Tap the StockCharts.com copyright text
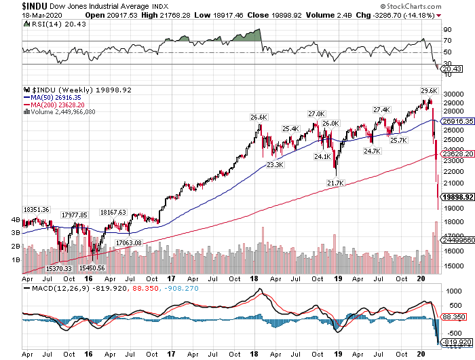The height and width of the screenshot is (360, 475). coord(439,5)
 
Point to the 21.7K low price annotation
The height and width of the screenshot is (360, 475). coord(335,183)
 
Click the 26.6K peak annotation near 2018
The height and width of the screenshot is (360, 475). coord(259,118)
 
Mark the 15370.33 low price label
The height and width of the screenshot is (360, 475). coord(59,268)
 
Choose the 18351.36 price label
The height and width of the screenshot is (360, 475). coord(37,209)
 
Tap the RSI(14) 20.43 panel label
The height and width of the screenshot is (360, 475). coord(49,24)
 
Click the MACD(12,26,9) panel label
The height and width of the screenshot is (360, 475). coord(54,288)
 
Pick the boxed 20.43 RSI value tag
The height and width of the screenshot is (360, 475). coord(451,69)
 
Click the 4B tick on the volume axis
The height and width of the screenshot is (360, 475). coord(16,220)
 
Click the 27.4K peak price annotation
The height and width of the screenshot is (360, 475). coord(381,109)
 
